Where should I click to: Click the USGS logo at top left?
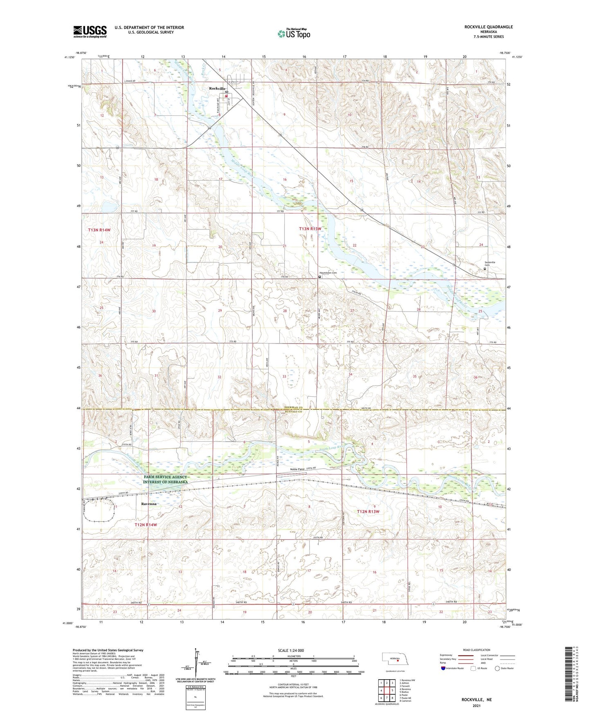[x=90, y=31]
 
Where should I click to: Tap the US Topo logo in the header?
[x=294, y=34]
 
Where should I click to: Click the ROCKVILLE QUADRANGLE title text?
[x=488, y=27]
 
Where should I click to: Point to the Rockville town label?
[x=217, y=88]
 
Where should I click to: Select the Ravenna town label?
[x=149, y=504]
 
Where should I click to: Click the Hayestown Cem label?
[x=328, y=273]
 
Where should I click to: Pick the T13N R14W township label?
[x=99, y=230]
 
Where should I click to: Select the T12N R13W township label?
[x=368, y=512]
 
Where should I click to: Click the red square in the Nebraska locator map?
[x=397, y=660]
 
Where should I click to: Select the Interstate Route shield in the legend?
[x=444, y=668]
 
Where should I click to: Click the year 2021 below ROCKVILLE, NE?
[x=476, y=706]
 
